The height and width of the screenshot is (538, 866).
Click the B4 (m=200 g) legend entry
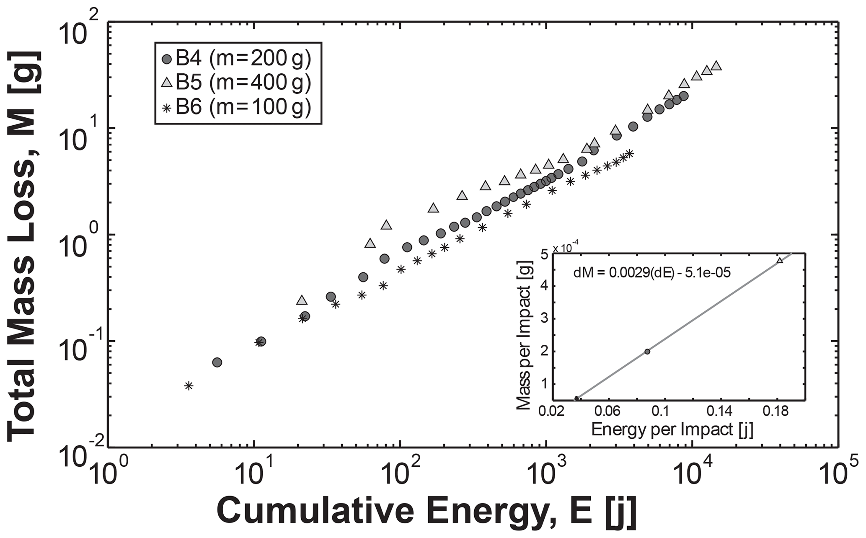click(x=237, y=59)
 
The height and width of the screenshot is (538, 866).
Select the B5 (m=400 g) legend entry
click(x=237, y=83)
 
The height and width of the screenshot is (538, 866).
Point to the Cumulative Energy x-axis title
click(x=426, y=510)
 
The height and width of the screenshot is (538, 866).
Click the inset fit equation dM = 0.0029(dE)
click(x=651, y=273)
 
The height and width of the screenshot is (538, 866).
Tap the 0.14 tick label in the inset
click(x=719, y=411)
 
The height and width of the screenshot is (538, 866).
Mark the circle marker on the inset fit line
click(x=647, y=352)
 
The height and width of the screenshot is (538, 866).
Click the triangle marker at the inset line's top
click(x=780, y=261)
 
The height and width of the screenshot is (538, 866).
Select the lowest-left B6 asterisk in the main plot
click(x=189, y=385)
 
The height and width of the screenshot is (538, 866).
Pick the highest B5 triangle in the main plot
click(x=716, y=66)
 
